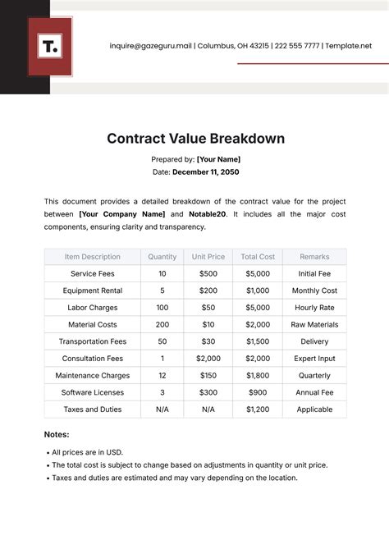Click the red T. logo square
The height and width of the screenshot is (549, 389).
pos(50,47)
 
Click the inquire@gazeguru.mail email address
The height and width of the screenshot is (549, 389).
pos(151,47)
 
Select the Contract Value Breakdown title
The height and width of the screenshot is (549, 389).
pos(195,139)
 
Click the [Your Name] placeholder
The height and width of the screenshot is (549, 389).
pos(218,159)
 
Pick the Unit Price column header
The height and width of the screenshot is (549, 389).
pos(208,257)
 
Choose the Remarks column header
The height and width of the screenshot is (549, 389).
pos(314,257)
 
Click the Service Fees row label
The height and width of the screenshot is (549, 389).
pos(93,273)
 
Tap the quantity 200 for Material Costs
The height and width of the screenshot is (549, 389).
pos(162,324)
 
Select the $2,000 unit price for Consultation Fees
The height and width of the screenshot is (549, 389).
pos(208,359)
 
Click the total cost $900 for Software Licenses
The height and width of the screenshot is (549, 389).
pos(257,392)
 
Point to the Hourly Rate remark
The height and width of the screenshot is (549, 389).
pos(314,308)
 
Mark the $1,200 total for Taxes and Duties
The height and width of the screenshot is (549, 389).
pos(257,409)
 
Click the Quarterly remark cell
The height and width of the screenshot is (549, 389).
pos(314,376)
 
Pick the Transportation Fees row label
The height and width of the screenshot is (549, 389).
pos(93,341)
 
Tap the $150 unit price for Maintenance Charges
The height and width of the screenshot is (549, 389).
pos(208,376)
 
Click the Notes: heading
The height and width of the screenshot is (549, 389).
pos(57,434)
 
